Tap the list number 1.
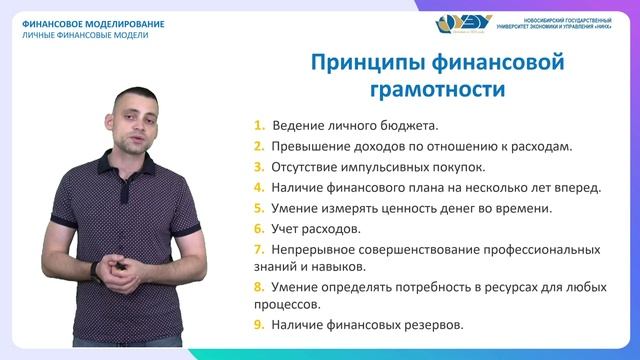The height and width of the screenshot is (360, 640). point(259,126)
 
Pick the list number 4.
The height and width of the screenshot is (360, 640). point(259,188)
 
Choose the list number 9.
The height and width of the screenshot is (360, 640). point(259,325)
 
